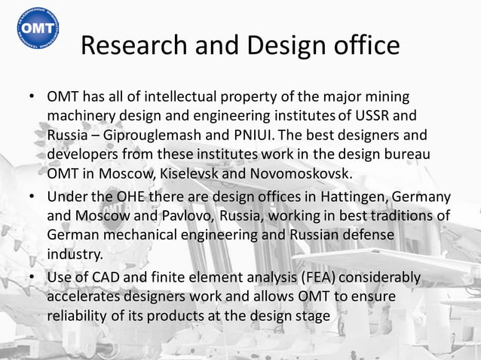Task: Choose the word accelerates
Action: (x=84, y=297)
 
